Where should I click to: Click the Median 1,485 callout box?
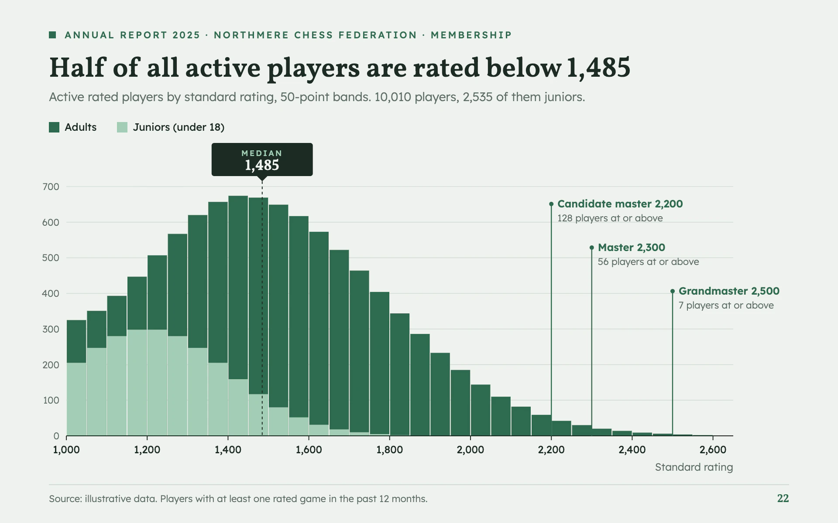tap(262, 160)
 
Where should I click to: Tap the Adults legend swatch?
tap(54, 127)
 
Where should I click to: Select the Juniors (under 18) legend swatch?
tap(122, 127)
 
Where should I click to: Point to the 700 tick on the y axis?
tap(51, 187)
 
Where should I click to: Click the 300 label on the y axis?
tap(51, 329)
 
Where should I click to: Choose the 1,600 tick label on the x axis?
tap(309, 450)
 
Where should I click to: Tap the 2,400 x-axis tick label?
tap(632, 450)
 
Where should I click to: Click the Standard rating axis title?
tap(694, 467)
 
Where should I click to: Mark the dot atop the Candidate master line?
tap(551, 204)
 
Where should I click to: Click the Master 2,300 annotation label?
tap(632, 248)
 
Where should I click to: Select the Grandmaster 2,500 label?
tap(729, 291)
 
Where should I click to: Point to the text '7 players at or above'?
tap(726, 306)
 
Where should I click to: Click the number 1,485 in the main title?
tap(599, 68)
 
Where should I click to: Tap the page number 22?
tap(783, 499)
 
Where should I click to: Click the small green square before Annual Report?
tap(52, 35)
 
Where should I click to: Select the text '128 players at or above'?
tap(610, 218)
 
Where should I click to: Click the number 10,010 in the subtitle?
tap(393, 97)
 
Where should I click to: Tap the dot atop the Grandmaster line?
tap(673, 291)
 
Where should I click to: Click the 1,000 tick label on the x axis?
tap(66, 450)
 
